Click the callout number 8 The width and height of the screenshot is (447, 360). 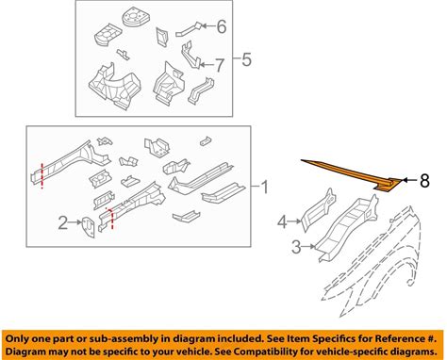coord(424,181)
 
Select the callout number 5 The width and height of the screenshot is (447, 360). coord(247,59)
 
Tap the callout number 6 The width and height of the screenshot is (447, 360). coord(222,26)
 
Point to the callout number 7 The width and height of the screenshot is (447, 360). coord(219,65)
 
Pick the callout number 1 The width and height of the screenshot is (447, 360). coord(264,187)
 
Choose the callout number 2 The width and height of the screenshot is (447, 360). coord(63,222)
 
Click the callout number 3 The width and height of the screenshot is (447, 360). coord(296,247)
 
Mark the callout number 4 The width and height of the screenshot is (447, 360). coord(282,221)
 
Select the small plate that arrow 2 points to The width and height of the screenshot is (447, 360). coord(88,227)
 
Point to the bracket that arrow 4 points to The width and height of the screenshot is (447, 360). coord(318,210)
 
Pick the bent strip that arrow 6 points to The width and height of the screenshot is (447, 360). coord(189,29)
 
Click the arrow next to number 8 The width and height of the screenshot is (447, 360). coord(409,180)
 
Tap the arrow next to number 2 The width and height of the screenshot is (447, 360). coord(75,222)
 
